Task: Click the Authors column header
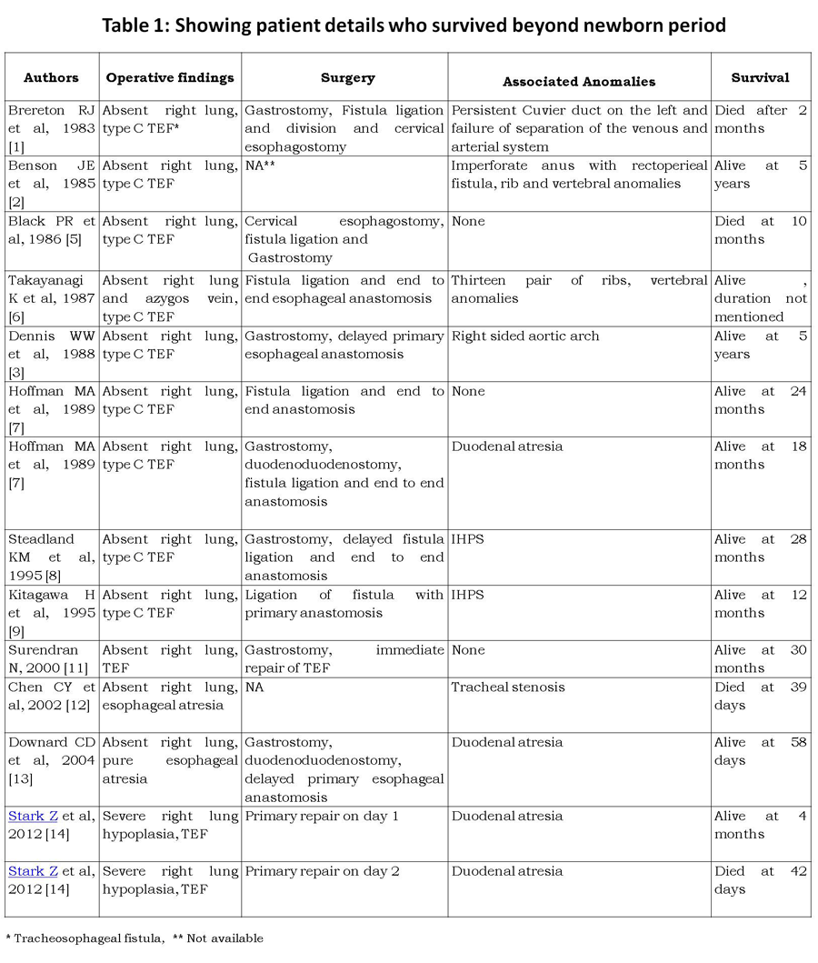[x=51, y=78]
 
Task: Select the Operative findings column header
[x=170, y=78]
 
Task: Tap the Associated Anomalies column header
[x=579, y=81]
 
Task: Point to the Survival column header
[x=760, y=78]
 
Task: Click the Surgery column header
[x=347, y=78]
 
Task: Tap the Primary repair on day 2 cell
[x=322, y=871]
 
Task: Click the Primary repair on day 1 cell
[x=322, y=816]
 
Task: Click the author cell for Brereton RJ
[x=51, y=128]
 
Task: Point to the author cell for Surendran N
[x=51, y=659]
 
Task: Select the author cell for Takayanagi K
[x=51, y=298]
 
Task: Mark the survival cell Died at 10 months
[x=760, y=230]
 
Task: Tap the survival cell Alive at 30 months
[x=760, y=659]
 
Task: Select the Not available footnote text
[x=226, y=938]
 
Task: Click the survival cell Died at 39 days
[x=760, y=696]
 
